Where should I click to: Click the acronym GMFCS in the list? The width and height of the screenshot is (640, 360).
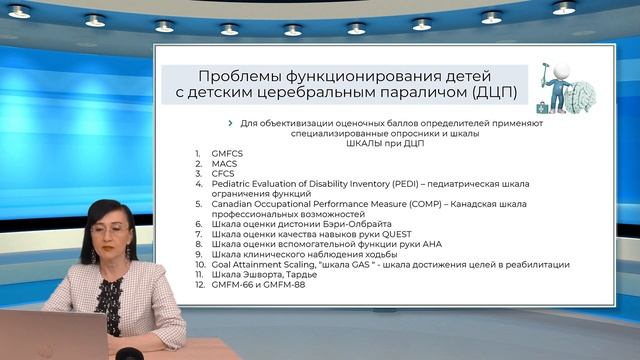[227, 153]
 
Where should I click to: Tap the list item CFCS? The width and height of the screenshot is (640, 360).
[223, 173]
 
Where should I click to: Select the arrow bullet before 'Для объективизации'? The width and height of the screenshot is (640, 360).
[231, 123]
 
